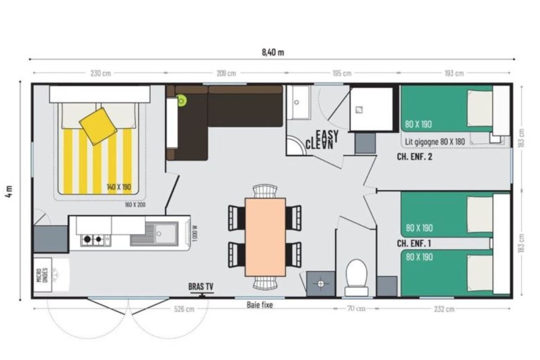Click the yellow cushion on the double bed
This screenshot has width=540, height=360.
pyautogui.click(x=98, y=126)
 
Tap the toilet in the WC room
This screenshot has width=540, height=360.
pyautogui.click(x=356, y=278)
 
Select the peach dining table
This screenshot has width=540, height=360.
pyautogui.click(x=265, y=237)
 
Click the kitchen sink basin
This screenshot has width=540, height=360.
pyautogui.click(x=166, y=234)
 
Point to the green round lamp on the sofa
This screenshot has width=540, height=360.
pyautogui.click(x=181, y=100)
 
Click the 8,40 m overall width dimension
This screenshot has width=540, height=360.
pyautogui.click(x=273, y=52)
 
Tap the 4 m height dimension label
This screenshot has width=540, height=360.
pyautogui.click(x=9, y=191)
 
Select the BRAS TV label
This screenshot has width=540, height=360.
pyautogui.click(x=201, y=287)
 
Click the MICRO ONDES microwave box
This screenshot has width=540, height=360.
pyautogui.click(x=42, y=275)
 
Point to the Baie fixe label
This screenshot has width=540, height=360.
pyautogui.click(x=260, y=305)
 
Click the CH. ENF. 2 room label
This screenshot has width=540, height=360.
pyautogui.click(x=414, y=157)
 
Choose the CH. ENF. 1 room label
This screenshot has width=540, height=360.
pyautogui.click(x=414, y=243)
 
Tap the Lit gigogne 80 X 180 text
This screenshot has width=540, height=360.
pyautogui.click(x=435, y=142)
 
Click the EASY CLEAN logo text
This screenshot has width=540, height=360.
pyautogui.click(x=322, y=140)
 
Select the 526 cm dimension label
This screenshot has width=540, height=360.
pyautogui.click(x=184, y=309)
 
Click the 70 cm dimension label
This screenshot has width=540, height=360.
pyautogui.click(x=356, y=308)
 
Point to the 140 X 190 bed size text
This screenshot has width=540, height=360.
pyautogui.click(x=119, y=187)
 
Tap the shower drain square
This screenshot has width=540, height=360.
pyautogui.click(x=359, y=110)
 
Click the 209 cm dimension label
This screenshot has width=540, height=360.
pyautogui.click(x=226, y=73)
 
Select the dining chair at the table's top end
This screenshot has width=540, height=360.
pyautogui.click(x=265, y=191)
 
